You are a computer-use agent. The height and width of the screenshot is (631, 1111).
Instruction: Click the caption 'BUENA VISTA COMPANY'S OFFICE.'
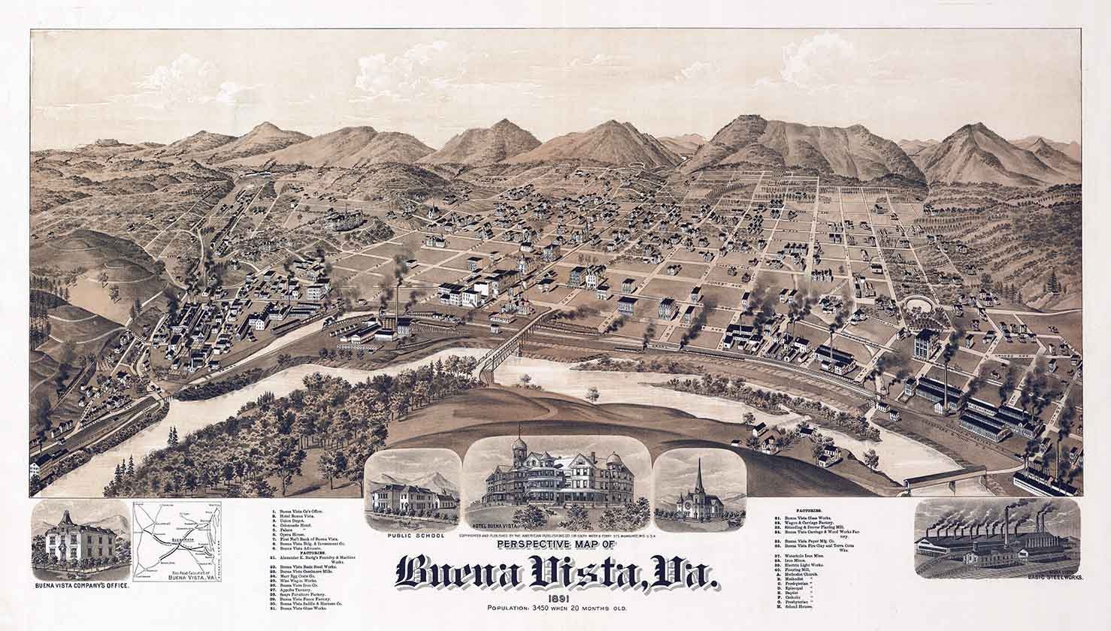[x=80, y=584]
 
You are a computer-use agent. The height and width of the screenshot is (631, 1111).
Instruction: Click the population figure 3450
[x=538, y=606]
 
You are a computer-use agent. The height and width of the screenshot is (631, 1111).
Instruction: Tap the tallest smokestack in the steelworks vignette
[x=1041, y=518]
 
